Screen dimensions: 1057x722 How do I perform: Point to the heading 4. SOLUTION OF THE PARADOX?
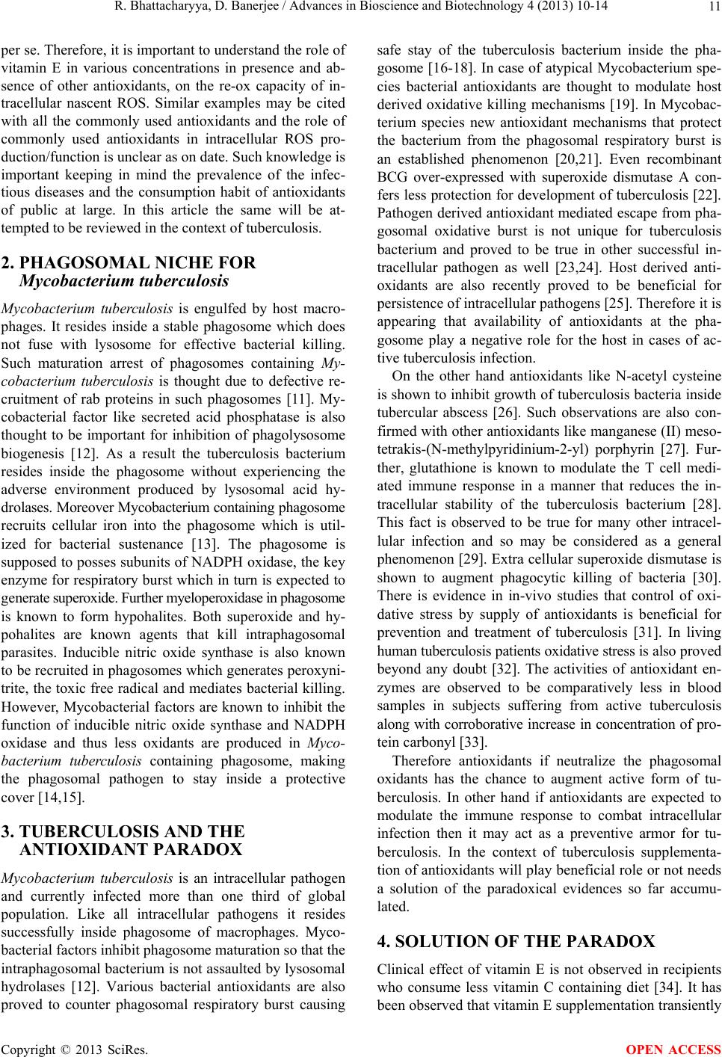(x=523, y=941)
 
